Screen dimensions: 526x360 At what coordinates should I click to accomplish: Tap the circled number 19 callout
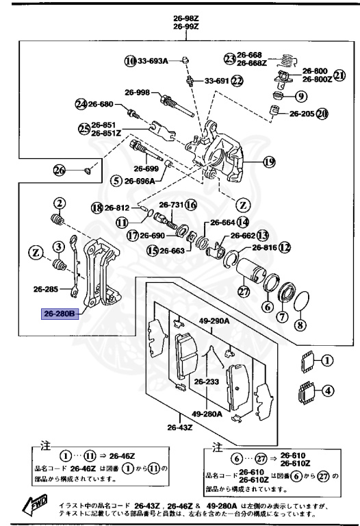268,162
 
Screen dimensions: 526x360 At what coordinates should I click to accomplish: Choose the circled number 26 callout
59,170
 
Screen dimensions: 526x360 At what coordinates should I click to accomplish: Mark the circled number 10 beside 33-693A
130,61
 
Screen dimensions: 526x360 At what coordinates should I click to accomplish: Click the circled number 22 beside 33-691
237,80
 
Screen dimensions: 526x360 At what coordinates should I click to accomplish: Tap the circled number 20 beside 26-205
322,113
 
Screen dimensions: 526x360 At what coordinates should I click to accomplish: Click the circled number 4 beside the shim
328,391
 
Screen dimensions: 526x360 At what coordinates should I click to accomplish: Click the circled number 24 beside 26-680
81,104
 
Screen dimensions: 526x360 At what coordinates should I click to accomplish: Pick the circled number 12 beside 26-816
284,247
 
